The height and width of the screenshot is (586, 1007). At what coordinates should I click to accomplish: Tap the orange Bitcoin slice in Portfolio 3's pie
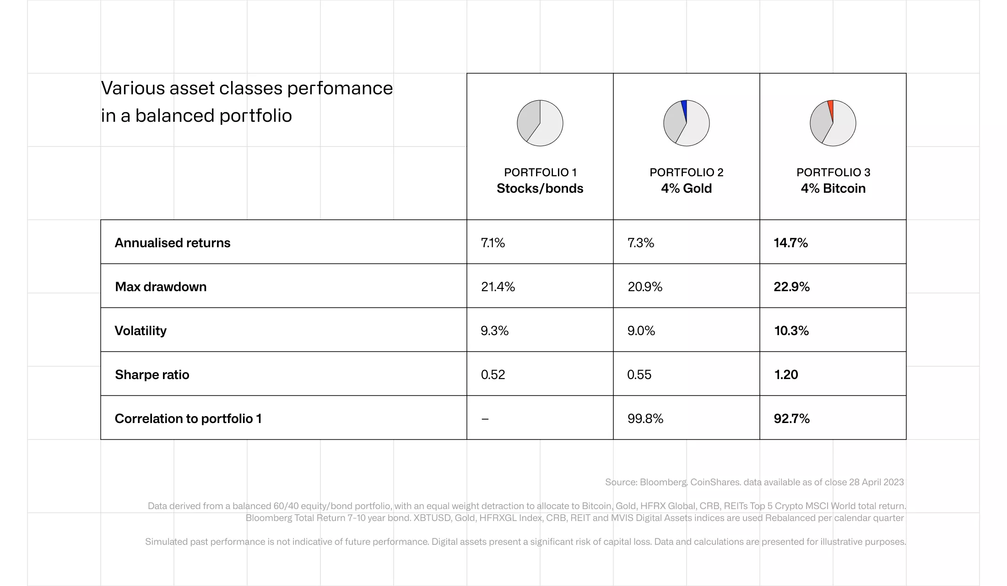(x=831, y=109)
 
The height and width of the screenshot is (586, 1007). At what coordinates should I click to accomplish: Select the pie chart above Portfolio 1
(x=540, y=123)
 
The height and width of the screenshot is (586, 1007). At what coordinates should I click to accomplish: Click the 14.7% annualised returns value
(x=790, y=243)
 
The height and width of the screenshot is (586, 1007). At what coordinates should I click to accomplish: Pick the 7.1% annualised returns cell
(x=493, y=243)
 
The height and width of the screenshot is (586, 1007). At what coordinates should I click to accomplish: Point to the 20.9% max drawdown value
(x=645, y=287)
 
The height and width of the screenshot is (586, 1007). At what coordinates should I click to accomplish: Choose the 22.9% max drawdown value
(x=791, y=287)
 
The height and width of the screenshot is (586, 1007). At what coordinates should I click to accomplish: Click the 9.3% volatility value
(x=494, y=331)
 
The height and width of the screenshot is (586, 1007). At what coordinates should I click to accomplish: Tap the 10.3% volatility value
(x=791, y=331)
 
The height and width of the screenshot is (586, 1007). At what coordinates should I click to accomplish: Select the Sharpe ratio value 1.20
(x=786, y=374)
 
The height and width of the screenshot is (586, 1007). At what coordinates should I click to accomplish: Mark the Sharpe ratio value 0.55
(x=639, y=374)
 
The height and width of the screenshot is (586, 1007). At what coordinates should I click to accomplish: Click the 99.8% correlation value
(x=645, y=418)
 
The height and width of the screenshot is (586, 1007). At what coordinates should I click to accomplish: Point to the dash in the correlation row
(x=485, y=419)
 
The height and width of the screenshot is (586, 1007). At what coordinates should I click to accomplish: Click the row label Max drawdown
(x=161, y=287)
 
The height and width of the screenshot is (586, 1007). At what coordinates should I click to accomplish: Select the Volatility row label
(x=141, y=331)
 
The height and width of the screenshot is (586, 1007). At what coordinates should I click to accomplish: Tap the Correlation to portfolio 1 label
(x=188, y=418)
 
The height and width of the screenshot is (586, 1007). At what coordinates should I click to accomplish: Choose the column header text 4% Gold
(x=686, y=188)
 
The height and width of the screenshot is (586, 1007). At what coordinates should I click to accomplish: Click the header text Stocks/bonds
(x=540, y=188)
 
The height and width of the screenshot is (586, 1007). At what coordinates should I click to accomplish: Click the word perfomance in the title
(x=340, y=88)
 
